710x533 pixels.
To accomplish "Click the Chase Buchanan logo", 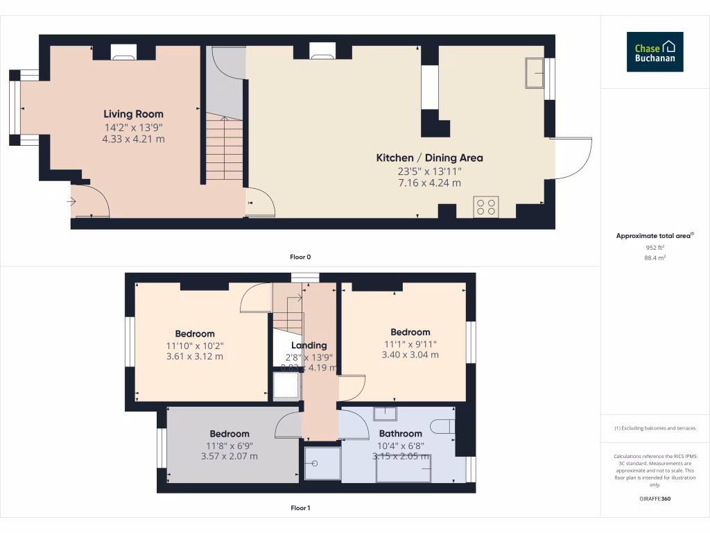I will (655, 52).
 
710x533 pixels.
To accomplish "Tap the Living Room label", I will (134, 115).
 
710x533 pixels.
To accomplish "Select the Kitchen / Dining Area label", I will (429, 158).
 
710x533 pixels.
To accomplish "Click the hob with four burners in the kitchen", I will (485, 206).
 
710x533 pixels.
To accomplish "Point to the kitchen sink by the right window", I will (534, 74).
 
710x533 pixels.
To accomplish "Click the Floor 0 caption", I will (300, 257).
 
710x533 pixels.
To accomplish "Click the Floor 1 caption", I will (300, 508).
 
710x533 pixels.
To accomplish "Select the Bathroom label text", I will (401, 434).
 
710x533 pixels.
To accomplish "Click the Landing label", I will (309, 346).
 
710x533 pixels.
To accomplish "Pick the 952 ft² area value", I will (655, 247).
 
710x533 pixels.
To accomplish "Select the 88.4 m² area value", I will (655, 257).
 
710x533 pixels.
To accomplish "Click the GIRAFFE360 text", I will (655, 499).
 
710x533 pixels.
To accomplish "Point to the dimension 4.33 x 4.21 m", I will (134, 139).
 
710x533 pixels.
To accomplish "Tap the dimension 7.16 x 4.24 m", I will (429, 183).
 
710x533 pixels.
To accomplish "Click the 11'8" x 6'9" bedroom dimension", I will (230, 445).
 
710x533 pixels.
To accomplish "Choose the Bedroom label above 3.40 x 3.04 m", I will (410, 332).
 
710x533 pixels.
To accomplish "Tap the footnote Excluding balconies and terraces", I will (655, 428).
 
